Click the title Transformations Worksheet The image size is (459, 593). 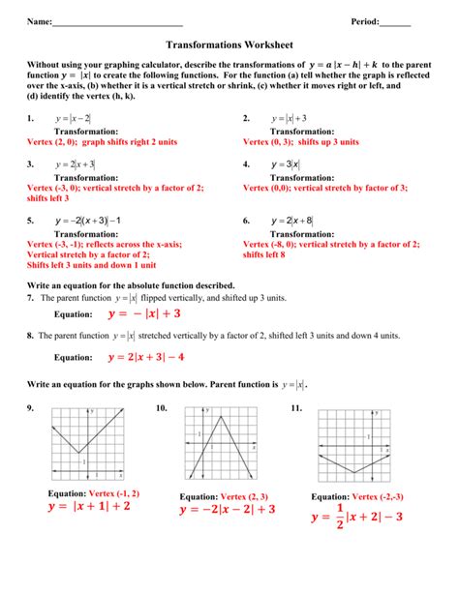tap(229, 44)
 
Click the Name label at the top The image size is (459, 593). tap(39, 21)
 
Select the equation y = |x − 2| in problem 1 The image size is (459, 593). tap(74, 118)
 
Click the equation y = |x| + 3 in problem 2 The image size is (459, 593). tap(288, 118)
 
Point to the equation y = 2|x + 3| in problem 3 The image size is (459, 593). tap(76, 164)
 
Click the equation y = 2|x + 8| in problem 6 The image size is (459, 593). tap(291, 221)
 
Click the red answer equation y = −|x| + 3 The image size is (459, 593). tap(144, 313)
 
